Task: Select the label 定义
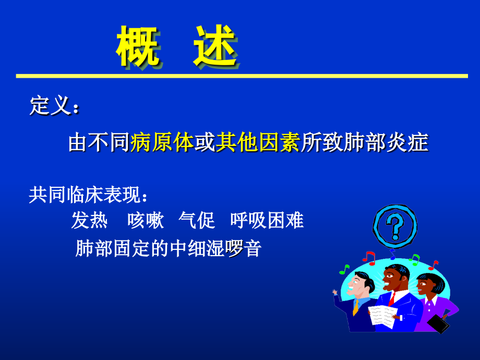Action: pyautogui.click(x=50, y=106)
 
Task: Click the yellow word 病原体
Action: pyautogui.click(x=162, y=142)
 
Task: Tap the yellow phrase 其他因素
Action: pyautogui.click(x=258, y=142)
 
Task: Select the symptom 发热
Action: pyautogui.click(x=89, y=221)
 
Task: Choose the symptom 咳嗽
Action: pyautogui.click(x=146, y=221)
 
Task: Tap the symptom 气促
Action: pyautogui.click(x=197, y=221)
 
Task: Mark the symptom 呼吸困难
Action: pyautogui.click(x=267, y=221)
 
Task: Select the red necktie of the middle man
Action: pyautogui.click(x=391, y=298)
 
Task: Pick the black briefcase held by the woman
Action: pyautogui.click(x=438, y=323)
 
